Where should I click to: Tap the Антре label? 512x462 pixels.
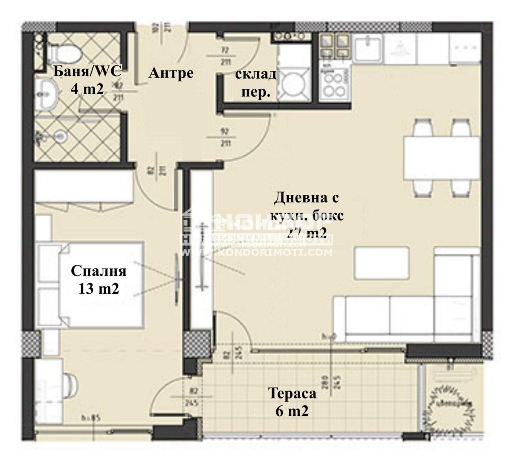pos(171,72)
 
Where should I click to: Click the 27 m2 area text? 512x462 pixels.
pos(307,232)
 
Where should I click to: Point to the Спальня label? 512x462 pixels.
pos(99,271)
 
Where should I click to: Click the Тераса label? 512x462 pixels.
pos(292,393)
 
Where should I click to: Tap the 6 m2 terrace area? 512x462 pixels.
pos(292,411)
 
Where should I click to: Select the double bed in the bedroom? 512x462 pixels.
pos(91,285)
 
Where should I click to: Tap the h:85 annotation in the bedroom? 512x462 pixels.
pos(91,418)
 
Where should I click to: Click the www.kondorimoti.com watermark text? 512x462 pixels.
pos(256,253)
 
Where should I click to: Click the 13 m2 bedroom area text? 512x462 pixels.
pos(99,288)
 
